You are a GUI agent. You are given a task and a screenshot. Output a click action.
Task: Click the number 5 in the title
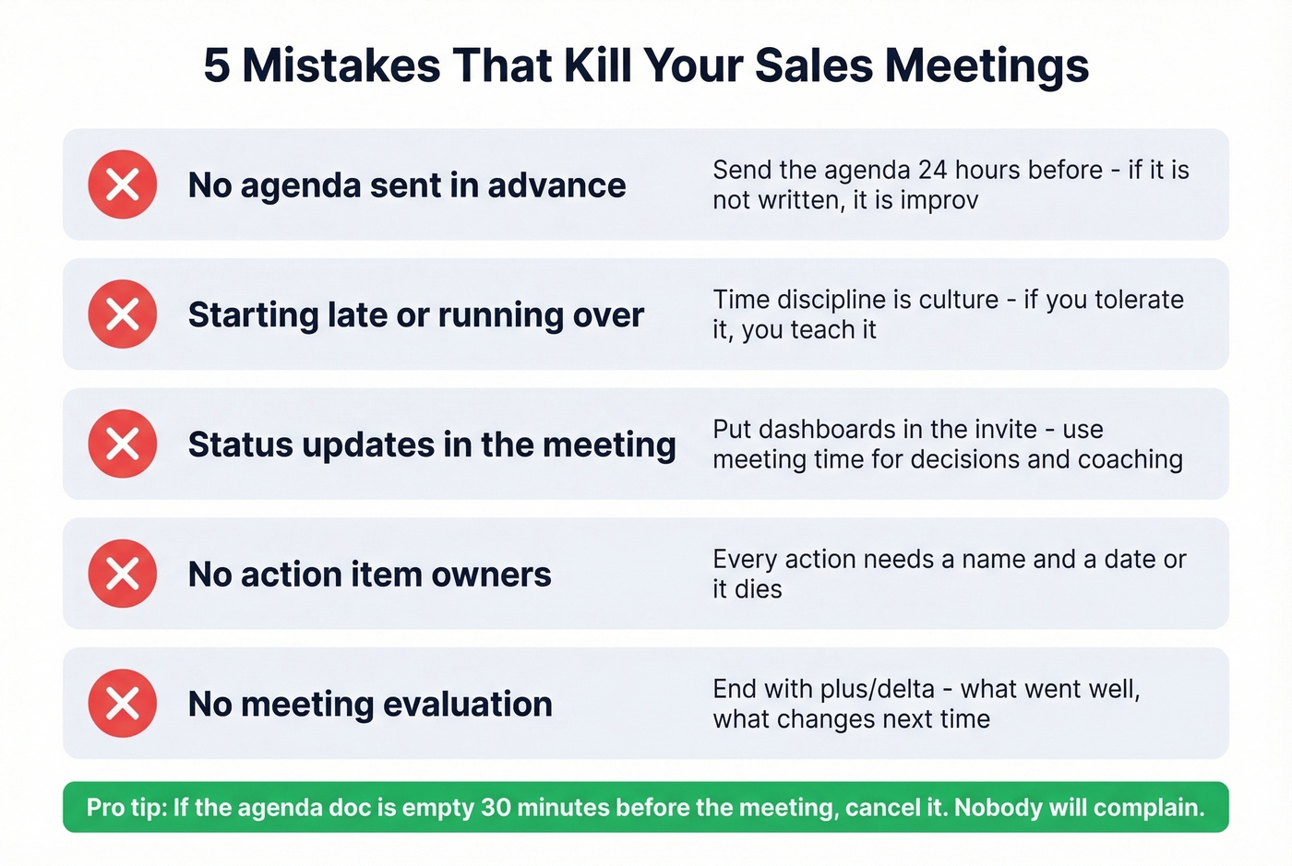coord(216,66)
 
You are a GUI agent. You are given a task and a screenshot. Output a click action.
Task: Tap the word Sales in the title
coord(812,66)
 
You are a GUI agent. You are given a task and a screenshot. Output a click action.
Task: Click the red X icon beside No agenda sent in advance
coord(123,184)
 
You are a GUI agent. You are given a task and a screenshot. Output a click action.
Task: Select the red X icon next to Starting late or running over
coord(123,314)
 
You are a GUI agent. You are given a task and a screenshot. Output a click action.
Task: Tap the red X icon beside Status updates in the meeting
coord(123,444)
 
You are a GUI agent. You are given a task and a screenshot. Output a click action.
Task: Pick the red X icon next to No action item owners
coord(123,574)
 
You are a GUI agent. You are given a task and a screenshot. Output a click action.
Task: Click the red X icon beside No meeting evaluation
coord(123,704)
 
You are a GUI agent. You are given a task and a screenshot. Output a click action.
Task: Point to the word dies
coord(759,589)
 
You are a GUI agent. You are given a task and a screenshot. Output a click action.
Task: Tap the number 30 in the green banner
coord(496,808)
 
